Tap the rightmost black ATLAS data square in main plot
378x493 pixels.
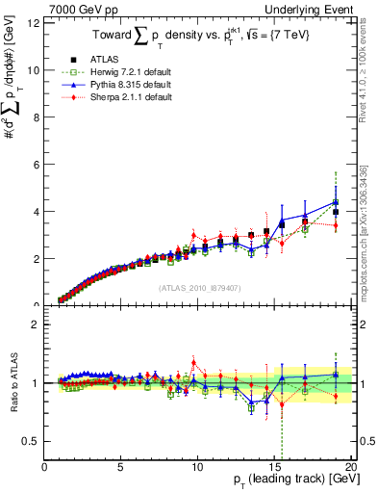pos(336,212)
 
